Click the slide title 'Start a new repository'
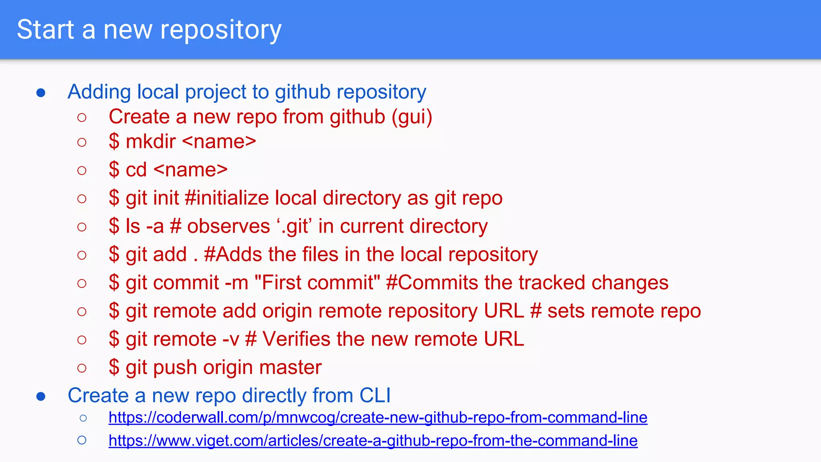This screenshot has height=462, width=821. click(149, 30)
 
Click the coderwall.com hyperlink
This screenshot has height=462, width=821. click(378, 417)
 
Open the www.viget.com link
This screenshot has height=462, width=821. click(373, 441)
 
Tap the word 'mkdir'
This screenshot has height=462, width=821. click(151, 142)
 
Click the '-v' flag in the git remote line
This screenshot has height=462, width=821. click(231, 339)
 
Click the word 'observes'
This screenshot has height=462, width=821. click(229, 227)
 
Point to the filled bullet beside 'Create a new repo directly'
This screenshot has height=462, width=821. click(41, 397)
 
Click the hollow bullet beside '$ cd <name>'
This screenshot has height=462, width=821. click(82, 170)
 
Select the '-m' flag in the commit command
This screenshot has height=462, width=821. click(237, 283)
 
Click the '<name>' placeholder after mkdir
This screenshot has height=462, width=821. click(219, 142)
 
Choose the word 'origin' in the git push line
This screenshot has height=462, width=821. click(233, 367)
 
